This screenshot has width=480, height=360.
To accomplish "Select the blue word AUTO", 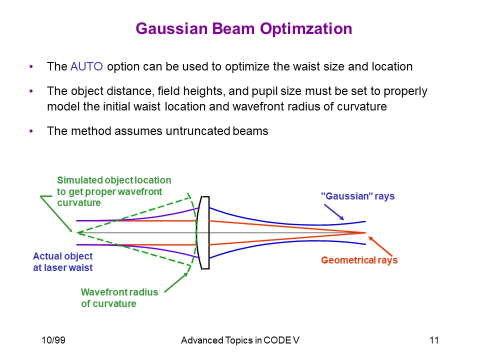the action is (x=86, y=66).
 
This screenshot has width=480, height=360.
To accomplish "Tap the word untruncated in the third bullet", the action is (x=198, y=131).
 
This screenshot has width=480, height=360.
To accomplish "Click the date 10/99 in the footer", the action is (x=53, y=340).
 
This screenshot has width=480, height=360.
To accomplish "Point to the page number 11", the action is (x=434, y=340).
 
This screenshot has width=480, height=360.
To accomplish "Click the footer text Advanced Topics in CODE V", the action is (x=240, y=340).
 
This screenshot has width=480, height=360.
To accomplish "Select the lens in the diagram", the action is (x=203, y=232).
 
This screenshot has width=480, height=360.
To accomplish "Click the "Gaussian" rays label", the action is (x=358, y=196).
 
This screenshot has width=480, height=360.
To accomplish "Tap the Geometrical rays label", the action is (x=359, y=260).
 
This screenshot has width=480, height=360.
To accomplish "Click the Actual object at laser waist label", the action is (x=63, y=261).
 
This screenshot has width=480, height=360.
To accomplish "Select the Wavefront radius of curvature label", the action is (x=119, y=297).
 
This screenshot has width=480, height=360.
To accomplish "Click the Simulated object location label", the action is (x=114, y=191).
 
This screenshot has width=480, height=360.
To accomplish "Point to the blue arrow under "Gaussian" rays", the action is (x=334, y=212).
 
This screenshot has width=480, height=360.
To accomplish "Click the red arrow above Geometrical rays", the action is (x=380, y=246).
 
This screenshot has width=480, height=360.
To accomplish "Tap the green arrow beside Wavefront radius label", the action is (x=176, y=282).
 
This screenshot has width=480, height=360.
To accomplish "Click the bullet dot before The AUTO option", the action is (x=31, y=66).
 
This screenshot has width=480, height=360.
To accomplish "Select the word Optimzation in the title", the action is (x=306, y=29).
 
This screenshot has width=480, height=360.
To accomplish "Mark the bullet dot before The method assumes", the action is (x=31, y=131).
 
